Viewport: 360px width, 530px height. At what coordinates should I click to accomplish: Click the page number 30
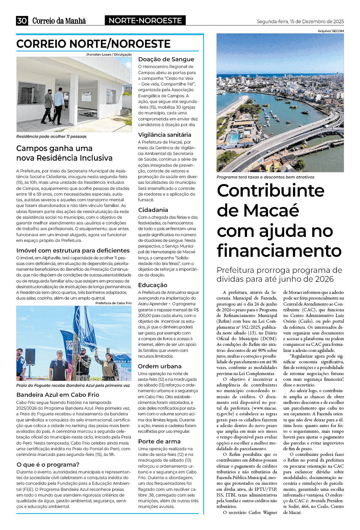pyautogui.click(x=22, y=21)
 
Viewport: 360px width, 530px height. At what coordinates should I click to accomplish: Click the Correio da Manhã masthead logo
pyautogui.click(x=59, y=21)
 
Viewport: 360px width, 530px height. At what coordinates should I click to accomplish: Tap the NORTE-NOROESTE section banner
pyautogui.click(x=145, y=21)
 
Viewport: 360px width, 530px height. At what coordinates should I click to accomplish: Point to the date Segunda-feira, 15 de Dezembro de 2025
pyautogui.click(x=300, y=22)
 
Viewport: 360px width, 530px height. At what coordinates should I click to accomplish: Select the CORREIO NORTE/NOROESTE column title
pyautogui.click(x=93, y=44)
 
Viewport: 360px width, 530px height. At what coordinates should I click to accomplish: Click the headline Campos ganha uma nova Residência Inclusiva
pyautogui.click(x=64, y=153)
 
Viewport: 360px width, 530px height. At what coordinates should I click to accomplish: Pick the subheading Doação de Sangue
pyautogui.click(x=166, y=59)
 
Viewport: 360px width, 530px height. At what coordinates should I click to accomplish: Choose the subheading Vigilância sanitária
pyautogui.click(x=165, y=135)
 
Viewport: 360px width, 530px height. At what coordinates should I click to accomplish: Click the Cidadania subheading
pyautogui.click(x=153, y=210)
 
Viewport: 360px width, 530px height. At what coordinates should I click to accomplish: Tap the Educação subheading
pyautogui.click(x=153, y=285)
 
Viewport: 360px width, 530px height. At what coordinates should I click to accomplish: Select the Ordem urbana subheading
pyautogui.click(x=160, y=366)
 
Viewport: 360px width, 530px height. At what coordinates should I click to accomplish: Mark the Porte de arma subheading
pyautogui.click(x=159, y=441)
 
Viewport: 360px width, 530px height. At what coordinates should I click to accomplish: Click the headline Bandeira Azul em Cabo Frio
pyautogui.click(x=58, y=395)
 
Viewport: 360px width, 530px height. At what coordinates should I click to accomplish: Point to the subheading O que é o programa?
pyautogui.click(x=48, y=464)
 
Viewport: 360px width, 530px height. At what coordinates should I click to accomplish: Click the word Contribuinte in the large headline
pyautogui.click(x=271, y=191)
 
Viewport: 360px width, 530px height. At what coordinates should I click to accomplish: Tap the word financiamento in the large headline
pyautogui.click(x=279, y=250)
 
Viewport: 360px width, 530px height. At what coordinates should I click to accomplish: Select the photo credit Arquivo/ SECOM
pyautogui.click(x=331, y=31)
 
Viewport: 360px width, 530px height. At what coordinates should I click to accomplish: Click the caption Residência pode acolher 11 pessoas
pyautogui.click(x=51, y=136)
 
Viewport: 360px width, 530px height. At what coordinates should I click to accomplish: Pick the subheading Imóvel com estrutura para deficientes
pyautogui.click(x=73, y=250)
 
